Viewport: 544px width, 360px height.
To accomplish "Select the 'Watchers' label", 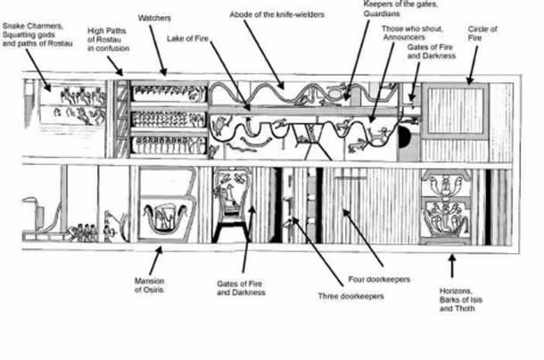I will [157, 18].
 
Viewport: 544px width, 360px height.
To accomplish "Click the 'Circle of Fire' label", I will [482, 34].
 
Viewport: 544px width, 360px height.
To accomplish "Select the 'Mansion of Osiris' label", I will [149, 286].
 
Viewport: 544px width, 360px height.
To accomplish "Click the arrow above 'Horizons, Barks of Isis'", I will [452, 265].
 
